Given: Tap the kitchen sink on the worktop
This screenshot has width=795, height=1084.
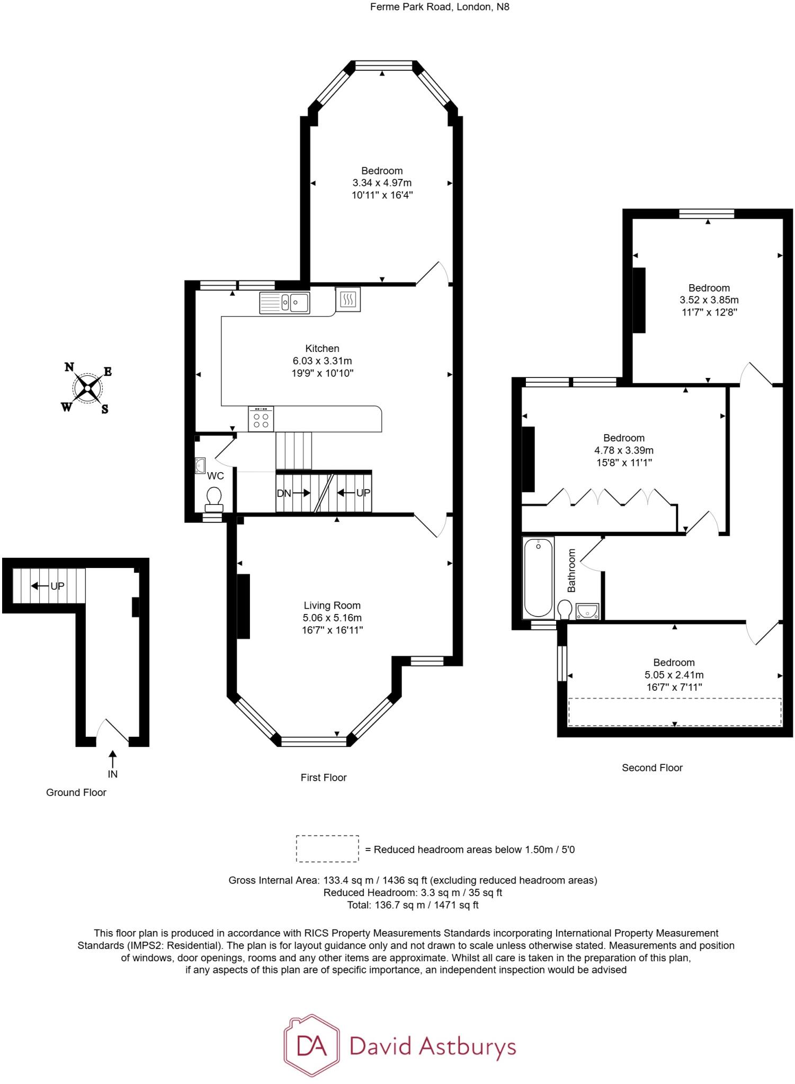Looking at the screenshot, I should pos(284,303).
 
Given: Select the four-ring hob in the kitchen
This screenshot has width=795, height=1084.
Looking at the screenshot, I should pos(261,419).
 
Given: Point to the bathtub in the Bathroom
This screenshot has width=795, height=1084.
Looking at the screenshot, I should pos(538,577).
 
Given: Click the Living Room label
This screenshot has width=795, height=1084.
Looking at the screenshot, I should pos(332,606).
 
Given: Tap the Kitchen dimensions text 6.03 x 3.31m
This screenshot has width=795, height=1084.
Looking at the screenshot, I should pos(322,361).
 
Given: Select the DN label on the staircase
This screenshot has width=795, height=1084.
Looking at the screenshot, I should pos(284,493).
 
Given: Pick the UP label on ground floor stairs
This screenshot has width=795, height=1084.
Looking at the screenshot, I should pos(57,586).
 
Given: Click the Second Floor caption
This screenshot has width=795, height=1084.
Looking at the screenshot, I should pos(652,767).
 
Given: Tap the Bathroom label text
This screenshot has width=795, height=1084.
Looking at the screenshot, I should pos(571,570).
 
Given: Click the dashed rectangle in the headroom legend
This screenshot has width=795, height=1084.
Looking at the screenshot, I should pos(327,849).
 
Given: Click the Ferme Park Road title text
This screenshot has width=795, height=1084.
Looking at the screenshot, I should pos(439,7).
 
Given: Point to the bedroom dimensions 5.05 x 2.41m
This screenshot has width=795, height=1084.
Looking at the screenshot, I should pos(674,675).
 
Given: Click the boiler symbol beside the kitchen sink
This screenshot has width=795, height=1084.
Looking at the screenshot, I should pos(348,299).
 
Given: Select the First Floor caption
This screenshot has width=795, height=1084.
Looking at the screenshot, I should pos(323,778).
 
